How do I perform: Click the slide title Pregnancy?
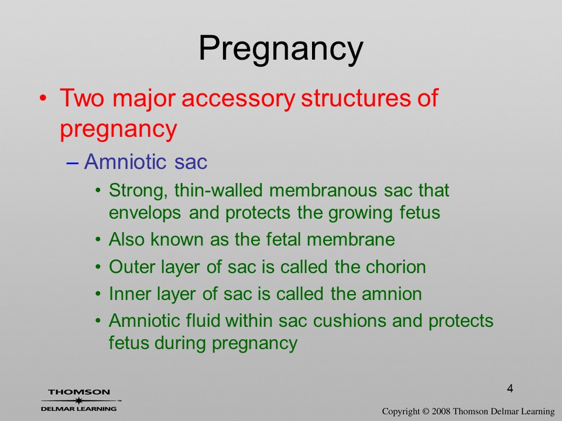click(x=281, y=49)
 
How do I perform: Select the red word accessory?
click(x=238, y=99)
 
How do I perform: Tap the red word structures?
click(x=356, y=98)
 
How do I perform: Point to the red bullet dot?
click(x=43, y=98)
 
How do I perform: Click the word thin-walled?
click(x=218, y=190)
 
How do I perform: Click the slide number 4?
click(x=510, y=388)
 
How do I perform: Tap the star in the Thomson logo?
click(x=78, y=401)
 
